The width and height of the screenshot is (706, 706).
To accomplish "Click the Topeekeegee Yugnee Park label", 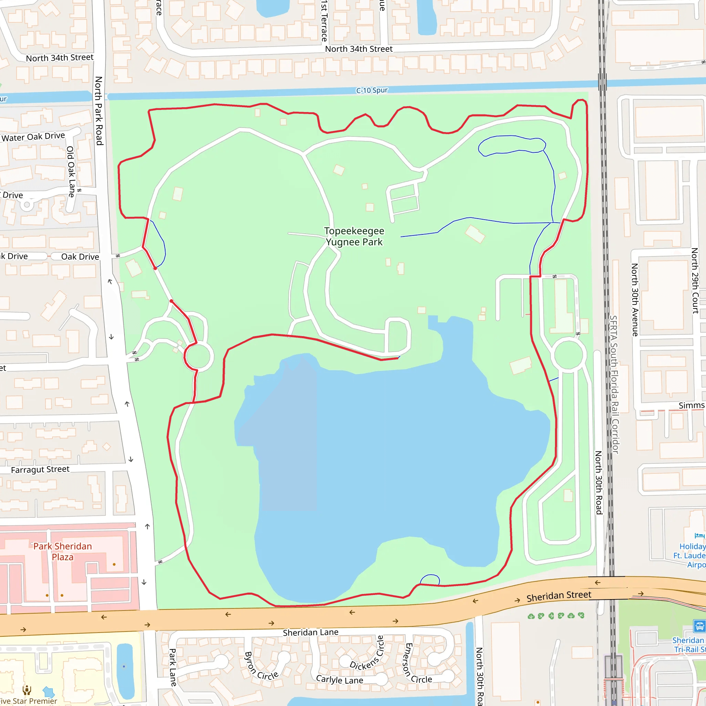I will pos(354,236).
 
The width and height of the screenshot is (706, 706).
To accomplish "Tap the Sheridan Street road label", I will pos(558,596).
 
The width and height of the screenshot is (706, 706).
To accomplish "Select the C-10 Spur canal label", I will pos(372,90).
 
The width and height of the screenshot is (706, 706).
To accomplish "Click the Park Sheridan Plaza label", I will pos(62,552).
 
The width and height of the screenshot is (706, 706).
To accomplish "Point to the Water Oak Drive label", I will pos(33,137).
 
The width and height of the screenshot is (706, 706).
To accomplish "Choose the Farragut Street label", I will pos(40,470).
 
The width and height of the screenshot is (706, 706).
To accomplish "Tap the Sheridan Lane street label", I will pos(310,633).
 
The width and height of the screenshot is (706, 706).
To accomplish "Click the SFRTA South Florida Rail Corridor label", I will pos(614,384).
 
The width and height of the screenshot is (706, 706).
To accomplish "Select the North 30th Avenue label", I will pos(635,300).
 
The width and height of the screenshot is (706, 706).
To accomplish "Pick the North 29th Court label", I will pos(695,281).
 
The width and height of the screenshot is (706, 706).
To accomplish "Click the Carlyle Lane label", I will pos(340,680).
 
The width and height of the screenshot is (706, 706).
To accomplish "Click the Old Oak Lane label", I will pos(71,172).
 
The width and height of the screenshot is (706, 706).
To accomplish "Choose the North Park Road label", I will pos(99,110).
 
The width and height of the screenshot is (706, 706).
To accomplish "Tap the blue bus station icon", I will pos(699,626).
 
